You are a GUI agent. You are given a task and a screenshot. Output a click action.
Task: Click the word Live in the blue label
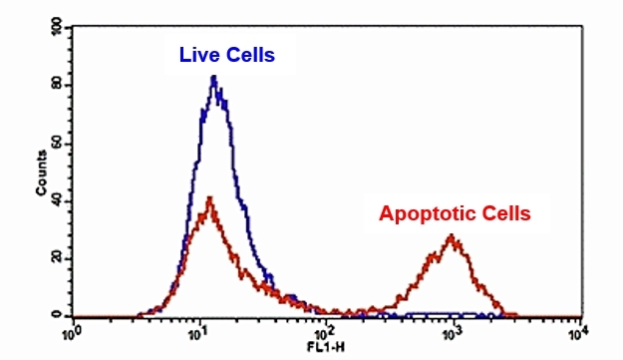198,55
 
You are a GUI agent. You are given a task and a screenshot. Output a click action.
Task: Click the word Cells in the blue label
247,55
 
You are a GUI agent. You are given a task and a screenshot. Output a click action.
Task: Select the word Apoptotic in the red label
428,212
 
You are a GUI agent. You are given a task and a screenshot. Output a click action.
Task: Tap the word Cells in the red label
504,212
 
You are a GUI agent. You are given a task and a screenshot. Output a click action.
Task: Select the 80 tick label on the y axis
57,86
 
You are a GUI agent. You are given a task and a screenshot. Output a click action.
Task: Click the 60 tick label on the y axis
57,144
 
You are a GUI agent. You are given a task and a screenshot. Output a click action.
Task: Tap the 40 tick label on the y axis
57,200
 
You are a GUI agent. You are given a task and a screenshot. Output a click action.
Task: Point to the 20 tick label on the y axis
57,258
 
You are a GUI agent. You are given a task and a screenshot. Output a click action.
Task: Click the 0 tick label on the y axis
59,315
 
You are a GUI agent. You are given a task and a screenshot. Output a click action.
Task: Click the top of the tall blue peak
213,77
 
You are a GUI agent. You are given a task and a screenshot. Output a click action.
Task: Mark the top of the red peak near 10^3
453,236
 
